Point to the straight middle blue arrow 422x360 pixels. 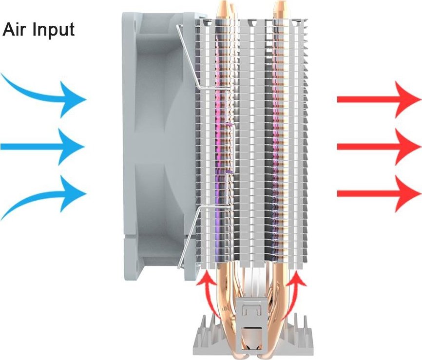tap(42, 147)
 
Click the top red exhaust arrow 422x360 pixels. tap(379, 99)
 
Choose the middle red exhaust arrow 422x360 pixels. tap(379, 147)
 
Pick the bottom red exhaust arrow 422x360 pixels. tap(379, 194)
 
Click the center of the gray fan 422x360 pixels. tap(159, 147)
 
